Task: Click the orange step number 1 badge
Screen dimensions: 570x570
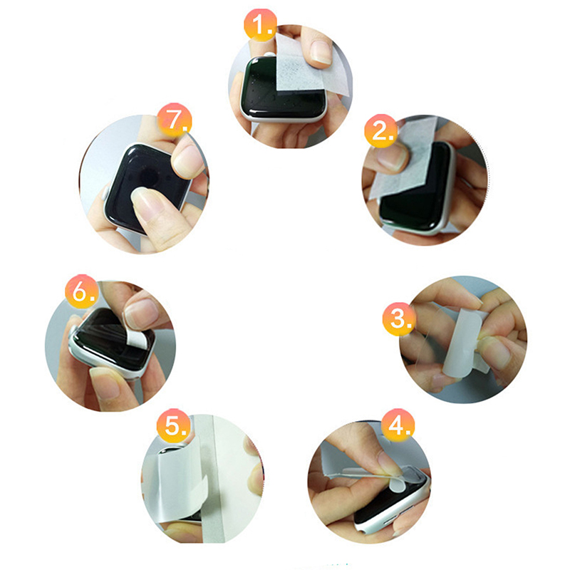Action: pos(260,25)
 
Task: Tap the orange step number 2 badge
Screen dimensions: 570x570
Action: pos(381,131)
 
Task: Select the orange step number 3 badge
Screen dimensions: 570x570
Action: pos(399,318)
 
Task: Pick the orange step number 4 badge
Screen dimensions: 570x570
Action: pos(398,425)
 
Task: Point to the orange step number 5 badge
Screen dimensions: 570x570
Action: pos(174,425)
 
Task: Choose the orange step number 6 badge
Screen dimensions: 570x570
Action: pos(82,291)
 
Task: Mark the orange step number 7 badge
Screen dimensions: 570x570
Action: pos(175,120)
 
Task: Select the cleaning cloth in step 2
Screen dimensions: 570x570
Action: pos(403,160)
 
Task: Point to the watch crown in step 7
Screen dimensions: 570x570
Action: pos(105,192)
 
